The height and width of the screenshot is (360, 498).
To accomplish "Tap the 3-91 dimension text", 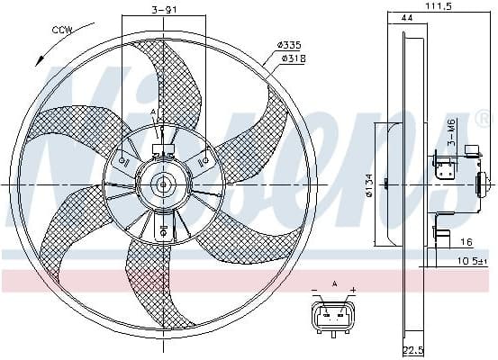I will pyautogui.click(x=163, y=11).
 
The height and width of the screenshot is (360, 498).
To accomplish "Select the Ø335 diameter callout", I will pyautogui.click(x=288, y=44).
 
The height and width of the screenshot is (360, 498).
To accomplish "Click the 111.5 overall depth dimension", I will pyautogui.click(x=438, y=7).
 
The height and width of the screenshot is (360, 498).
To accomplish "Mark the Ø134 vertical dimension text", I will pyautogui.click(x=368, y=186).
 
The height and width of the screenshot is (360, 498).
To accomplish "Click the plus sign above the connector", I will pyautogui.click(x=353, y=291).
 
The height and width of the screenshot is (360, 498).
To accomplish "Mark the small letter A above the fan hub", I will pyautogui.click(x=153, y=112).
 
